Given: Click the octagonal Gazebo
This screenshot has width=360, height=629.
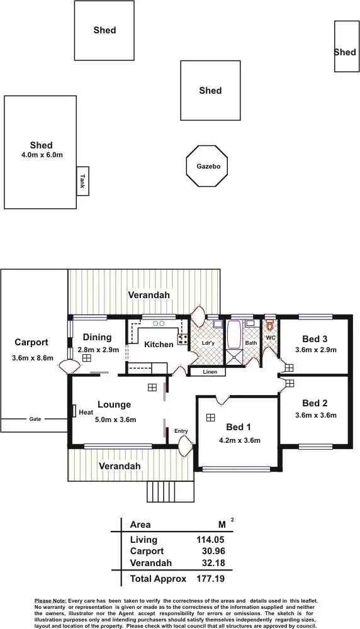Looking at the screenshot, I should [207, 167].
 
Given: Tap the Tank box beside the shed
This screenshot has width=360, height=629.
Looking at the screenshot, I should [82, 181].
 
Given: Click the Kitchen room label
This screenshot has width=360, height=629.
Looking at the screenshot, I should [159, 345].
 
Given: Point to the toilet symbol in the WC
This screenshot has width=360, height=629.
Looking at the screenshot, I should [270, 326].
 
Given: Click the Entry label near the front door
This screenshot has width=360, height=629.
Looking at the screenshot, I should [181, 431].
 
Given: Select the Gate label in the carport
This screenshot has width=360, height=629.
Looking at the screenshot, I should [35, 419].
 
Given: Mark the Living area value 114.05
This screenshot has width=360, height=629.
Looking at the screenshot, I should [210, 540].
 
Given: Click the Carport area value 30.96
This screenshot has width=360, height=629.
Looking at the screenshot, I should [212, 551].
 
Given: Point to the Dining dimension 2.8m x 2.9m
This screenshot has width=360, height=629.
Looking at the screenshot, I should [98, 350].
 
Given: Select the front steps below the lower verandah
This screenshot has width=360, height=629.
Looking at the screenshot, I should [162, 490].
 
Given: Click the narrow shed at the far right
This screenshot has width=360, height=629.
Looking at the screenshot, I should [346, 47].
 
